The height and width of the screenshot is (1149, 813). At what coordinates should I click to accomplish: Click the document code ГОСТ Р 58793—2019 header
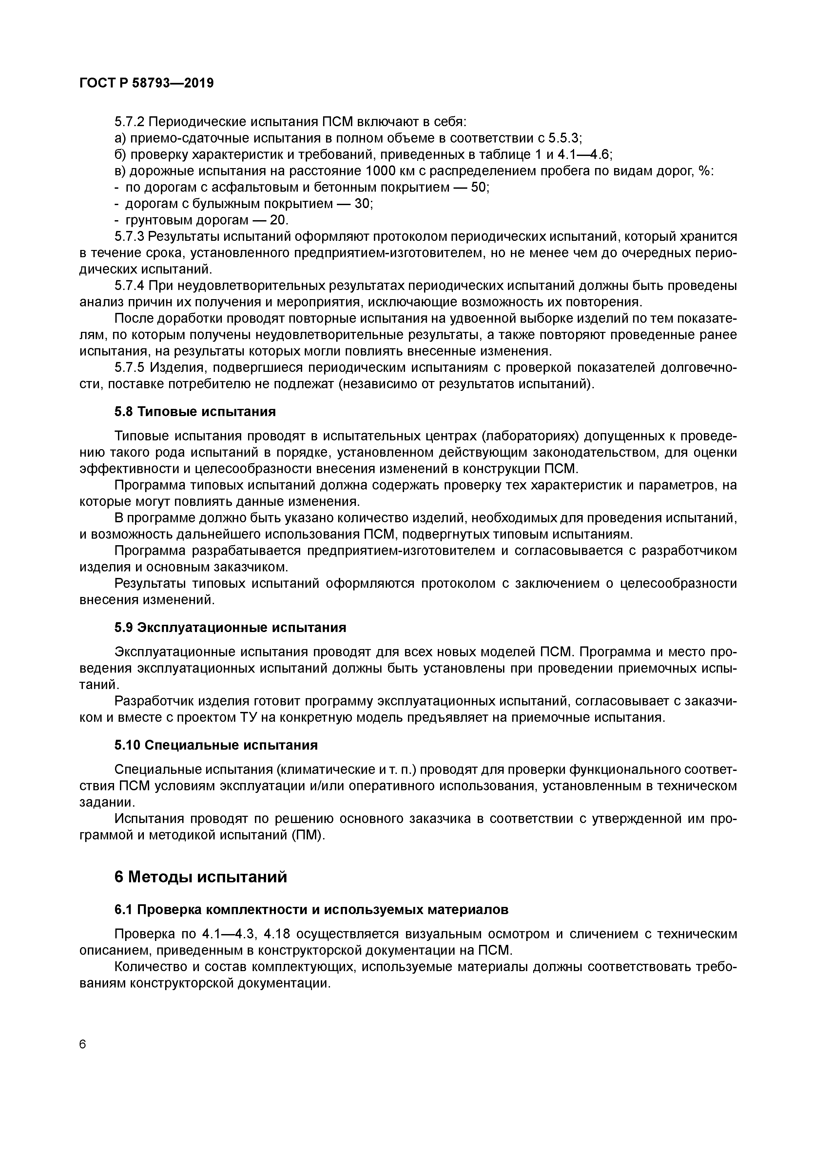[146, 83]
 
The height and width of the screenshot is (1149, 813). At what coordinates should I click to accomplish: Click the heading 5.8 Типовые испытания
[195, 412]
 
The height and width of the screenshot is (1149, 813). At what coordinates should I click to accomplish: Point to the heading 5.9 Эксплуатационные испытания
[230, 627]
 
